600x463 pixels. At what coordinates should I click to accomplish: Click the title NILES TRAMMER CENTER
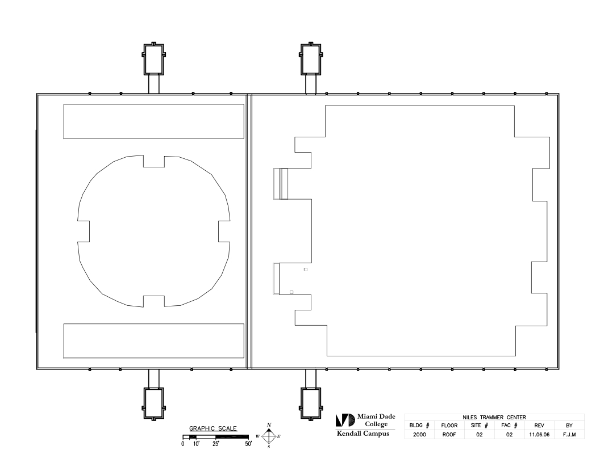(x=494, y=417)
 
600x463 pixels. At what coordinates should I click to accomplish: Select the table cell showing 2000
(x=419, y=435)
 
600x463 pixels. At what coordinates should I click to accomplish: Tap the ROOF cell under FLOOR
(x=449, y=435)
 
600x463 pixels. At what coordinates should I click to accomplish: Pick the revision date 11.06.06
(x=539, y=435)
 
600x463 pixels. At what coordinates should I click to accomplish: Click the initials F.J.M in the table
(x=569, y=435)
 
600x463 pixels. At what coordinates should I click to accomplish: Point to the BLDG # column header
(x=419, y=425)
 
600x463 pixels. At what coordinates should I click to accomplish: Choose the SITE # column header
(x=479, y=425)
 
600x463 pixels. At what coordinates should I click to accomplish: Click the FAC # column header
(x=509, y=425)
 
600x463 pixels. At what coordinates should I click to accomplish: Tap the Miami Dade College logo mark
(x=345, y=420)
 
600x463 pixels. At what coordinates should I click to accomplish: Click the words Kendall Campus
(x=363, y=433)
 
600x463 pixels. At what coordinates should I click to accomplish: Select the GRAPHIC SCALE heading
(x=213, y=428)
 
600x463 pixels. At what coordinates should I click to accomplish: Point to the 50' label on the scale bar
(x=248, y=444)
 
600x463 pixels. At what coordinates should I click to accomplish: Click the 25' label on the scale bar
(x=216, y=444)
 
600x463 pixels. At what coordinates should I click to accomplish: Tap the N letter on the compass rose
(x=269, y=425)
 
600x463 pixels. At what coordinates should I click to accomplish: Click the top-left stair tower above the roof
(x=154, y=58)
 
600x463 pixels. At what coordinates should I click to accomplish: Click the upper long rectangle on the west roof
(x=154, y=121)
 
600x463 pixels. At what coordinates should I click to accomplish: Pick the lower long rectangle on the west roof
(x=154, y=341)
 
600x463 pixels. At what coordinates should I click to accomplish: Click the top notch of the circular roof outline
(x=154, y=161)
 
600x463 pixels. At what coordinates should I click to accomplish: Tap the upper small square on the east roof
(x=305, y=270)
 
